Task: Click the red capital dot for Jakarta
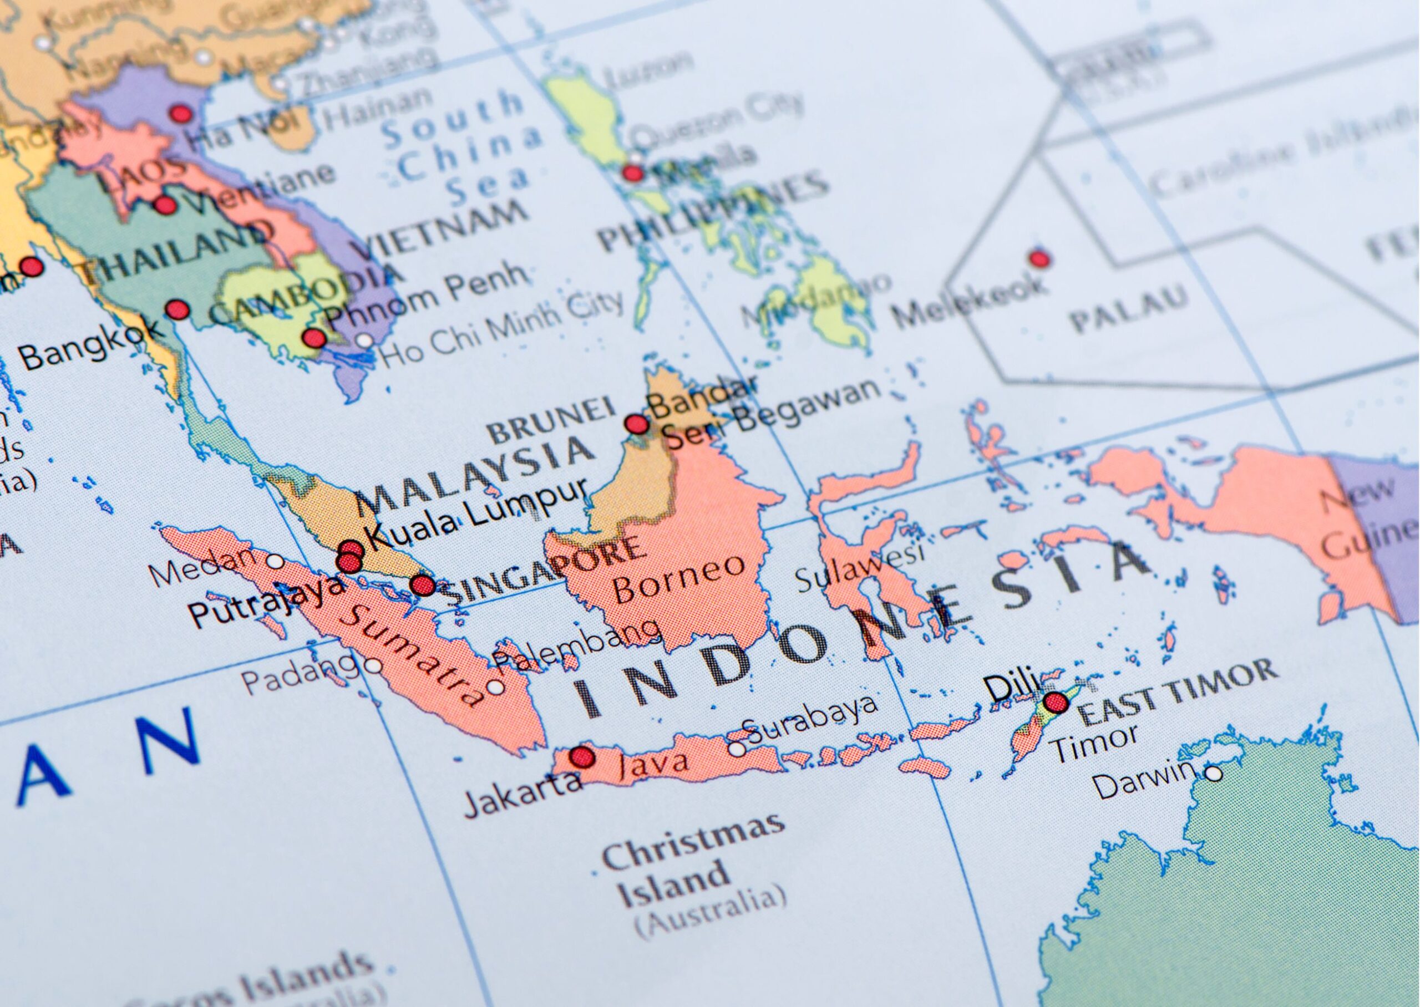click(x=582, y=756)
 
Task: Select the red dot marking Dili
click(x=1056, y=703)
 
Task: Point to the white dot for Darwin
click(x=1213, y=774)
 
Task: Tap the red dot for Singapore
click(x=423, y=584)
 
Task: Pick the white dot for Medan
click(x=275, y=562)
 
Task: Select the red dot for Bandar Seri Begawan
click(x=636, y=424)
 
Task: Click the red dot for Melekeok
click(x=1040, y=257)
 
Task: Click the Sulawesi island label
click(x=859, y=567)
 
